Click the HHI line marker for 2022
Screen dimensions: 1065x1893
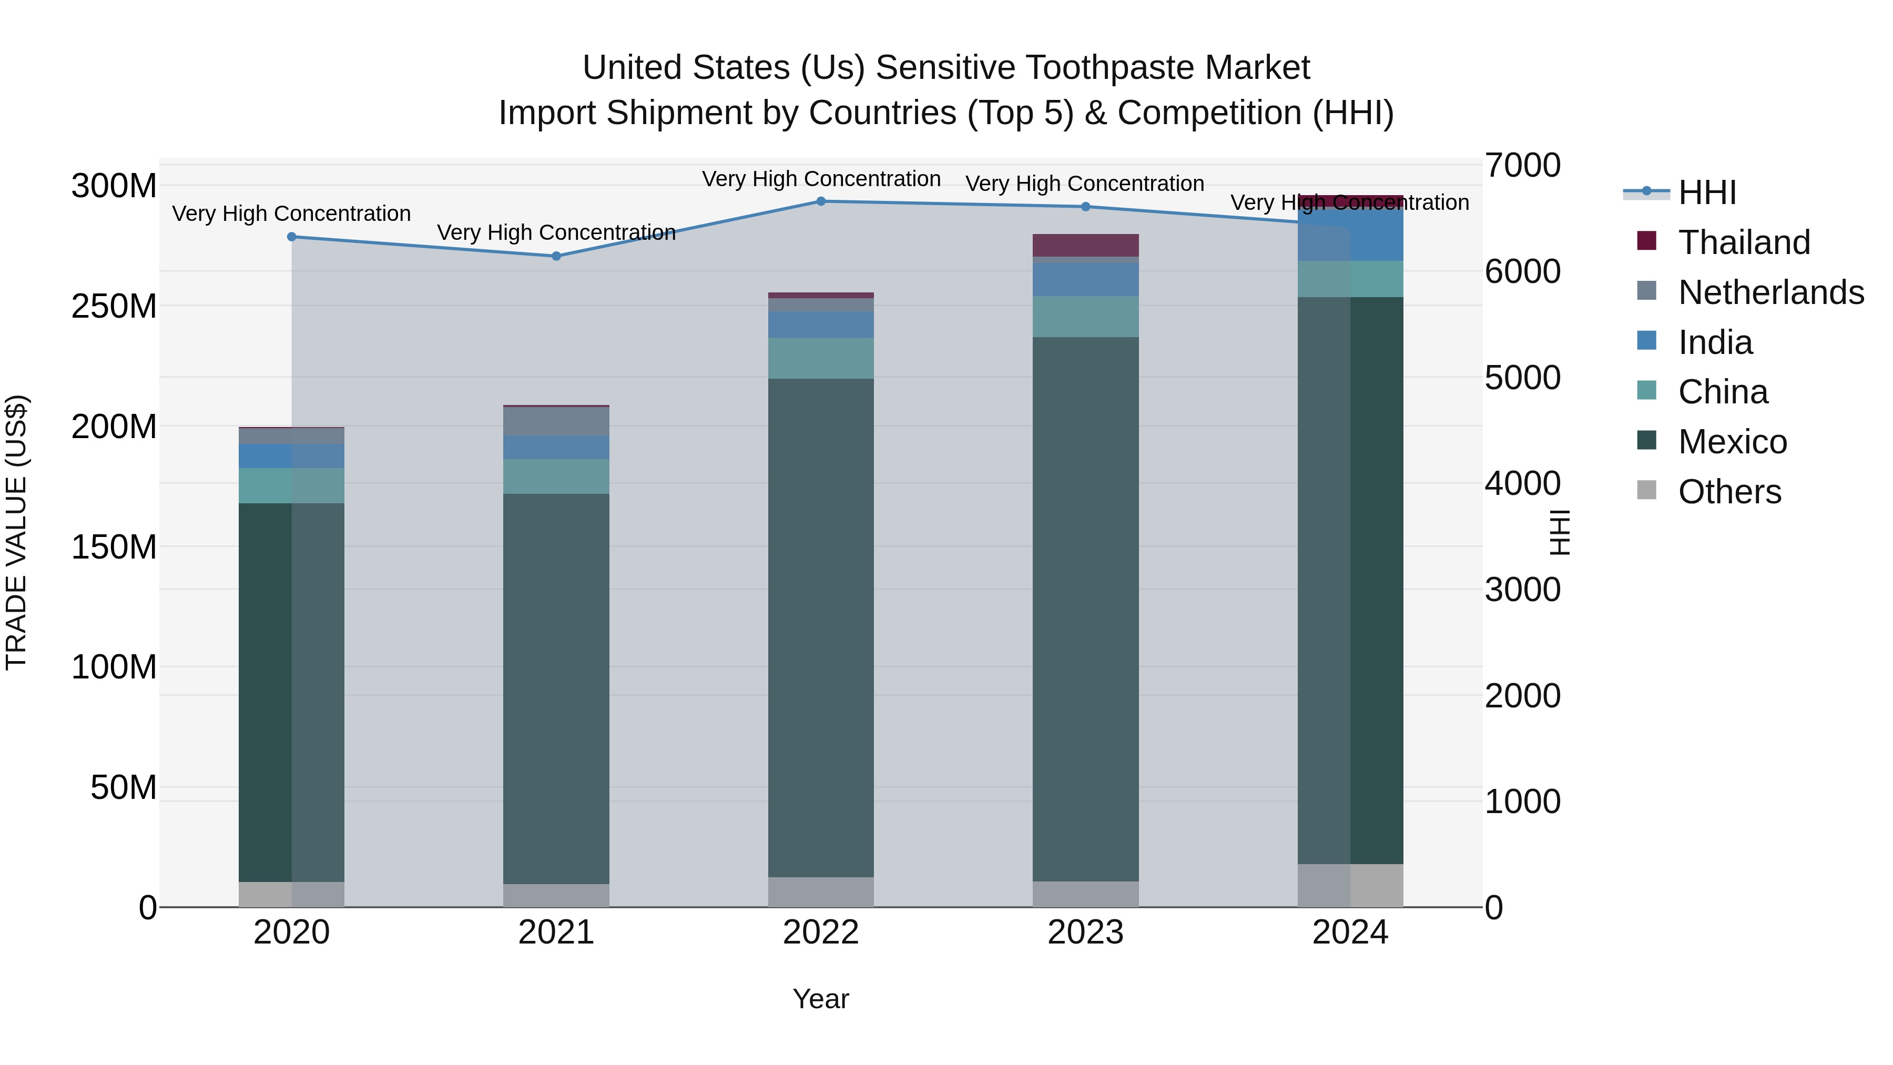[821, 201]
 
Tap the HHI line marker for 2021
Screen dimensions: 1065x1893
[556, 257]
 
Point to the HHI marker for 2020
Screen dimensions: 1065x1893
[292, 237]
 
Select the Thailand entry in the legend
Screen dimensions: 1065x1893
[1743, 242]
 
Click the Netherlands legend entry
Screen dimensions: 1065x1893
[1769, 292]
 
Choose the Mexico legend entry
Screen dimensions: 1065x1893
[1732, 442]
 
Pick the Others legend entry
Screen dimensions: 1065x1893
[1728, 492]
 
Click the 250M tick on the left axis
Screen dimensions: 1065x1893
[114, 306]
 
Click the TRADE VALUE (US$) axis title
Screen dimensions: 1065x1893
[16, 533]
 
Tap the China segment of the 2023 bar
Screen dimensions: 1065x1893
[1085, 317]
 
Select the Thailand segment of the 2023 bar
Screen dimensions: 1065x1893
[1085, 246]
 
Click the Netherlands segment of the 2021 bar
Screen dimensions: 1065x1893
[556, 421]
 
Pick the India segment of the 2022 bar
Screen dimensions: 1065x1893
[821, 325]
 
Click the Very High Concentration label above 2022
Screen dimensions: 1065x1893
[821, 179]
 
